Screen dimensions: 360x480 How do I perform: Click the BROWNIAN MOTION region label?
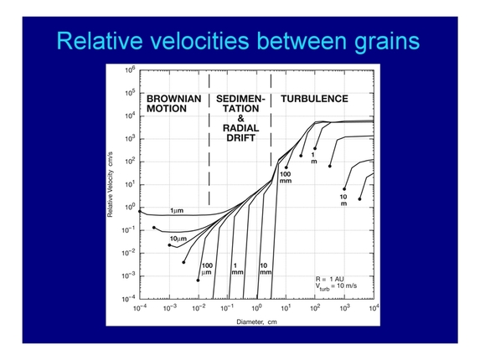(173, 104)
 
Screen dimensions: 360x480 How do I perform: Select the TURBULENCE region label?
(314, 99)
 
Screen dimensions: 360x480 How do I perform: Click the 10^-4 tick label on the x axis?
(139, 308)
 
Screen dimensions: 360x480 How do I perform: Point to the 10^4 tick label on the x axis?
(373, 308)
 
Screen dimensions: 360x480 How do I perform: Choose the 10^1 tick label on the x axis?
(286, 308)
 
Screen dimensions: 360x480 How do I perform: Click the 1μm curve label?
(177, 210)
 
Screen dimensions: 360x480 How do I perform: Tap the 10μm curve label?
(178, 239)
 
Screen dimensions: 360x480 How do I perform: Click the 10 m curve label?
(343, 200)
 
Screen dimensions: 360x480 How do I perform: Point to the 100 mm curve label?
(285, 177)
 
